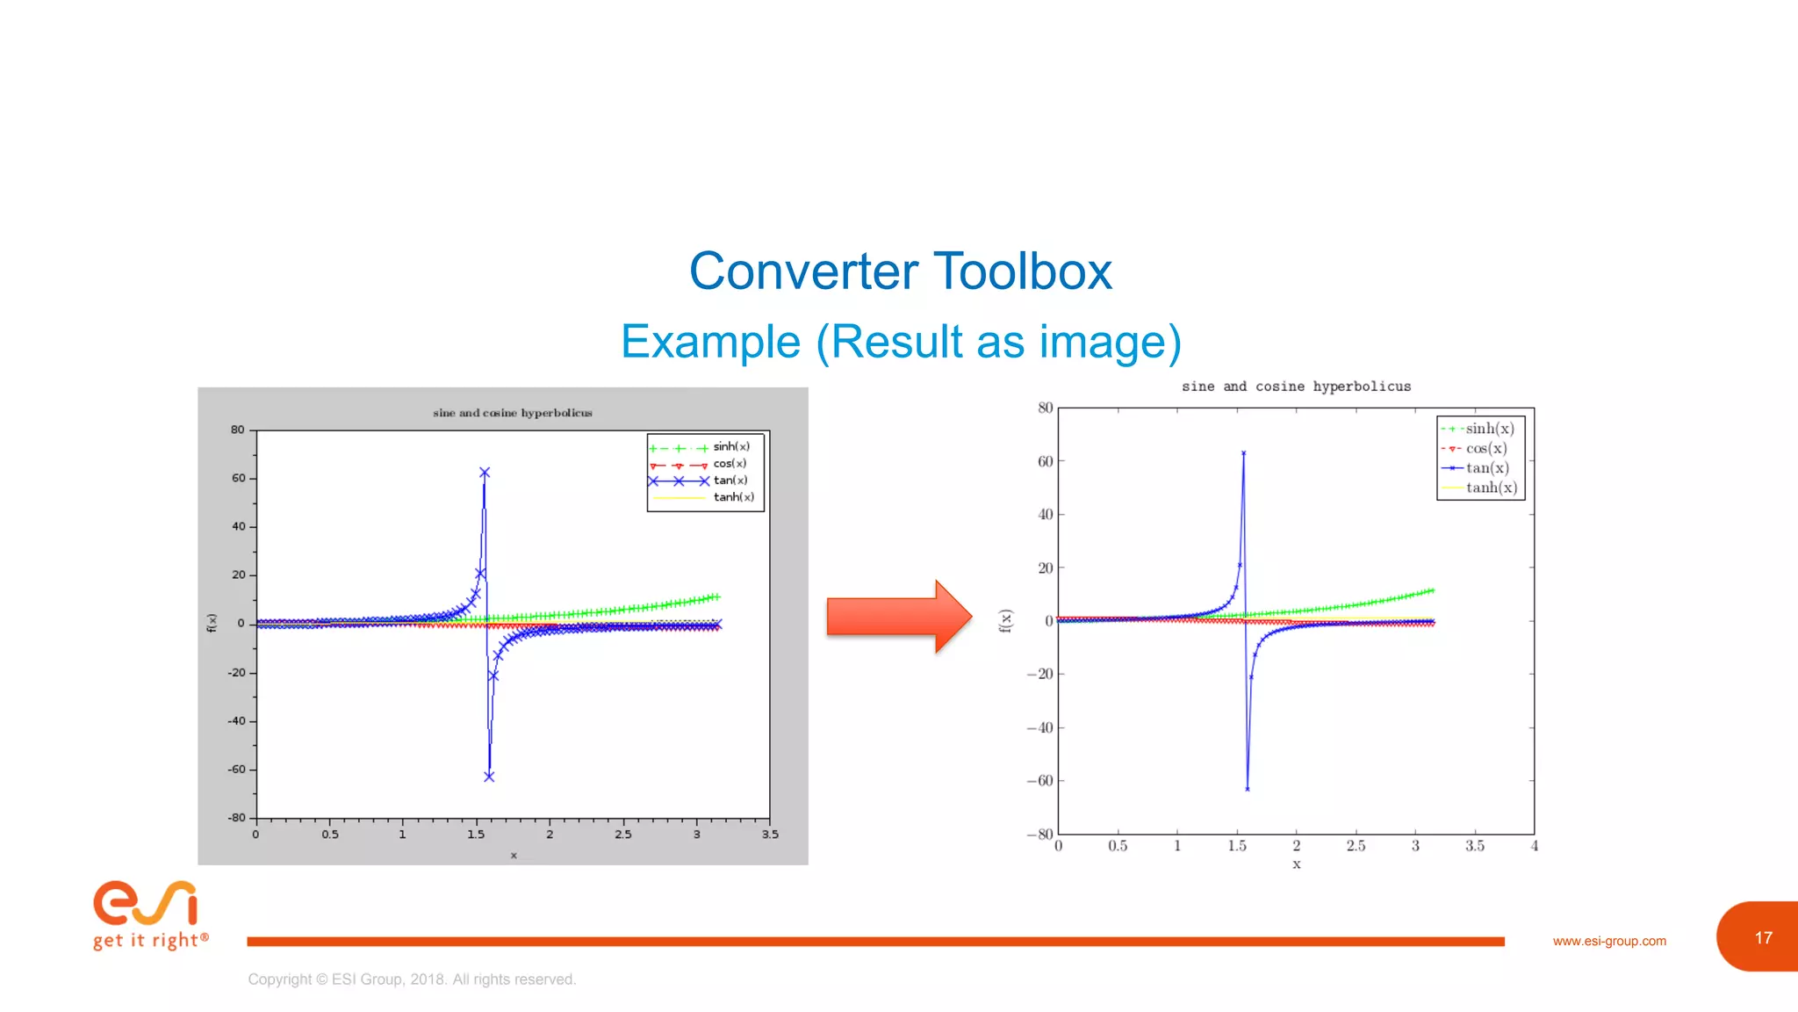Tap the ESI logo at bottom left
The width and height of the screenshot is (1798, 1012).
[x=147, y=914]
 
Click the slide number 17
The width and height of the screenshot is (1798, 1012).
[x=1763, y=938]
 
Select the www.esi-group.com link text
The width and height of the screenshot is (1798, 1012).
[x=1608, y=941]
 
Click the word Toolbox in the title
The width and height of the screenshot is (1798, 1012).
[x=1022, y=271]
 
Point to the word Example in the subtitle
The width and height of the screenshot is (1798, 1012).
[x=710, y=342]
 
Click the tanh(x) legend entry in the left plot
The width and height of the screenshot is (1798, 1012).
[x=733, y=497]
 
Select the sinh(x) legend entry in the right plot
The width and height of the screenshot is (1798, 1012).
[x=1489, y=429]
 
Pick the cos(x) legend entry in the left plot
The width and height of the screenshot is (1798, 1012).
[x=730, y=464]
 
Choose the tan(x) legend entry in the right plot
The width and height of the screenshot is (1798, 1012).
[x=1487, y=468]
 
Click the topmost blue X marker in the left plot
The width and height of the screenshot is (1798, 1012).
[x=485, y=473]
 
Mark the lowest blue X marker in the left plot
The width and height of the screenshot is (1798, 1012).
[x=489, y=777]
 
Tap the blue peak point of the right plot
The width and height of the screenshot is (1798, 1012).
[x=1243, y=453]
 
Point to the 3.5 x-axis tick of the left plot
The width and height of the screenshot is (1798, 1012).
[x=770, y=835]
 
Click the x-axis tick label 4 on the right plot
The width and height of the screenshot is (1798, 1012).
[x=1534, y=846]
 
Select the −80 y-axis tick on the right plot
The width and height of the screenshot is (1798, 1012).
[x=1040, y=835]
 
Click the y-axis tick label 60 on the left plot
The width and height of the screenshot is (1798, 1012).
[x=239, y=479]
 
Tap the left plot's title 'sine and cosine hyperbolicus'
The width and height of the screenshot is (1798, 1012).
[x=512, y=413]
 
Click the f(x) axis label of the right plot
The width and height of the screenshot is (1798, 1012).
[x=1006, y=621]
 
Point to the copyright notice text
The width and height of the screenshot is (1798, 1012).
[x=411, y=979]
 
